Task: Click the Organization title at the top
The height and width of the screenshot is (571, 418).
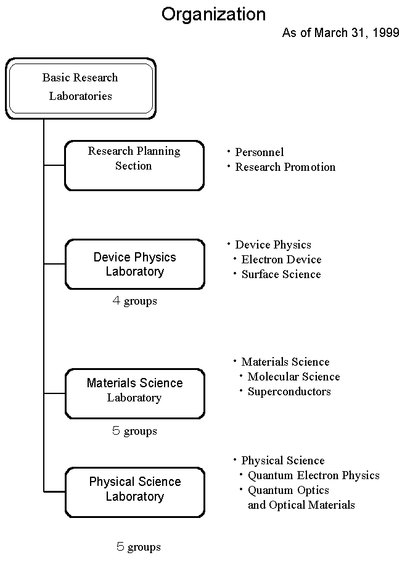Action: pos(213,15)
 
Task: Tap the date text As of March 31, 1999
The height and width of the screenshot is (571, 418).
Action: pos(341,33)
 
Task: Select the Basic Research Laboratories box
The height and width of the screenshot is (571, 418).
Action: pos(81,89)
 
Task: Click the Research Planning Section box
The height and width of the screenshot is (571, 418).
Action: pos(134,165)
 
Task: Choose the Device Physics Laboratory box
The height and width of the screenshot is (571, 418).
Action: pos(135,265)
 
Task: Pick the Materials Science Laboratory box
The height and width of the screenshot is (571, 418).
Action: pos(135,393)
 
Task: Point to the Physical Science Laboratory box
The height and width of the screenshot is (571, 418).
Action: pos(135,492)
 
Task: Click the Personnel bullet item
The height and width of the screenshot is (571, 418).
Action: pos(255,152)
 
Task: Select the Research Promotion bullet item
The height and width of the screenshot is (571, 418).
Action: pos(281,166)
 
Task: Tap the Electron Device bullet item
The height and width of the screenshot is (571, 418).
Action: pos(277,259)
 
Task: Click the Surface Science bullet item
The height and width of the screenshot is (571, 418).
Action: pos(277,274)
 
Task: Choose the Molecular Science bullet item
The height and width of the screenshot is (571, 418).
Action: pos(290,377)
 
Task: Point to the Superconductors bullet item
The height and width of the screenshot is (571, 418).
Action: pos(285,392)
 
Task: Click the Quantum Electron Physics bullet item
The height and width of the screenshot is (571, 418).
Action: pos(309,475)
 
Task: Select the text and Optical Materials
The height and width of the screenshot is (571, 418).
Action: pos(301,505)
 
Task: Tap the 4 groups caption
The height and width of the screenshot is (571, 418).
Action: pos(135,301)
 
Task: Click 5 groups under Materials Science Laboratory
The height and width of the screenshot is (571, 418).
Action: pos(135,431)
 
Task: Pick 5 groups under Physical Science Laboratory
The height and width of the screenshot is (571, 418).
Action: pos(139,546)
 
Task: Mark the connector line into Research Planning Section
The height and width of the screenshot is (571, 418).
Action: pos(54,165)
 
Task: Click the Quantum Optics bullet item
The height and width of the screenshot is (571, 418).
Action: pos(284,490)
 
